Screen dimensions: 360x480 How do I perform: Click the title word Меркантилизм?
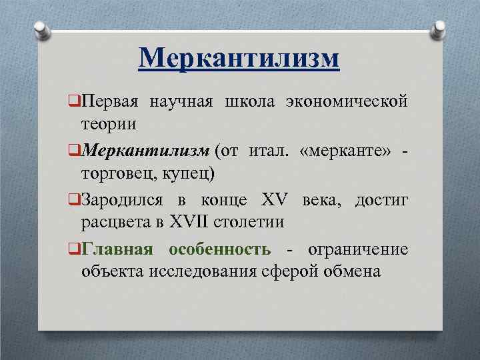(239, 58)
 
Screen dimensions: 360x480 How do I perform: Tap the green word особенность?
(219, 249)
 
